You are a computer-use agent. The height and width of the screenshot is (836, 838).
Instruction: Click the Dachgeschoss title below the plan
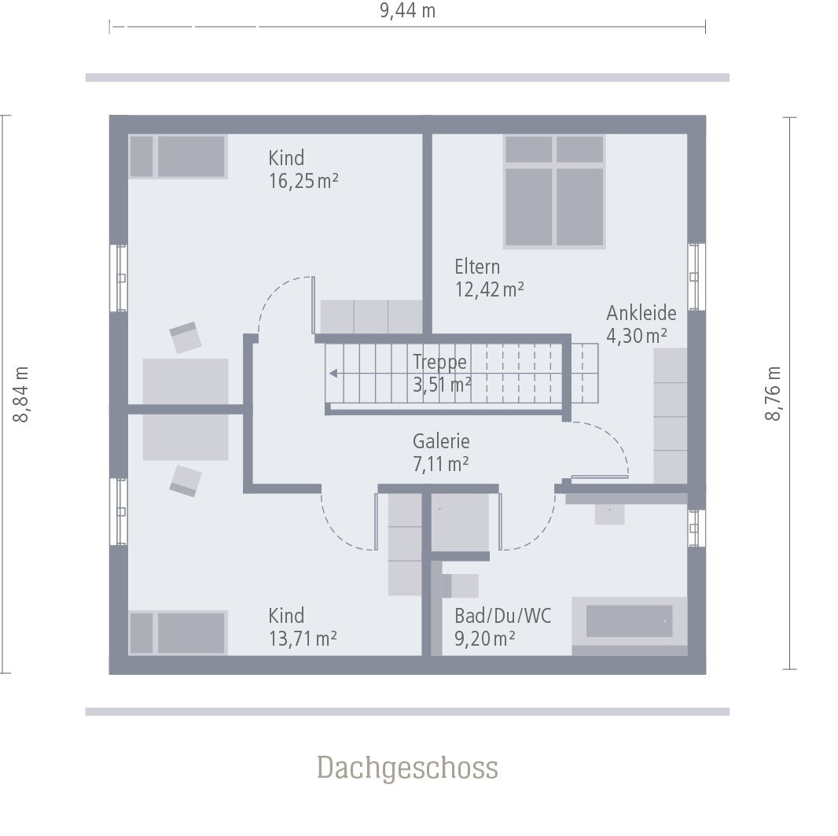click(407, 768)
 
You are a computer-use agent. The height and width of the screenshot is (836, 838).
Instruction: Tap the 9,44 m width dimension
click(407, 11)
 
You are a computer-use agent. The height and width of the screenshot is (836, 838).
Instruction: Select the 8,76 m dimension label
click(774, 393)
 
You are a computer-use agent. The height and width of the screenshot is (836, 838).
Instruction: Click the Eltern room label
click(477, 267)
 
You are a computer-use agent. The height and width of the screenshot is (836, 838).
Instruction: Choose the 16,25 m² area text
click(303, 182)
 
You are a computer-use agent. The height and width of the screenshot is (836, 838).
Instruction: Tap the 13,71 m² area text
click(303, 639)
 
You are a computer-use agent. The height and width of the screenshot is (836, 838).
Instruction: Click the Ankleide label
click(641, 313)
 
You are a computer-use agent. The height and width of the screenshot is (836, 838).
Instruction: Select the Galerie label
click(441, 442)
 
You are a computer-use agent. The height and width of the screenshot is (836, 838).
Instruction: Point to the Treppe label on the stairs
click(440, 363)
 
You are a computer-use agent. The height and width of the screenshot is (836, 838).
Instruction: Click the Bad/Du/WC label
click(503, 616)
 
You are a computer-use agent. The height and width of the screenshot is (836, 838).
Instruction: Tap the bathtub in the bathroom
click(629, 621)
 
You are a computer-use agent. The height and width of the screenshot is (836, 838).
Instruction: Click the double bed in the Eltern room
click(554, 191)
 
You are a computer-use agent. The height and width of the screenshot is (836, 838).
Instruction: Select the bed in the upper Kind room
click(178, 157)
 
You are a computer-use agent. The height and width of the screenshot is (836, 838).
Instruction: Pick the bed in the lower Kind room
click(178, 632)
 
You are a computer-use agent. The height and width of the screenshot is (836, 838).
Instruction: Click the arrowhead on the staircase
click(334, 374)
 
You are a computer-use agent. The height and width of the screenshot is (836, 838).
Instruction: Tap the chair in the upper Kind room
click(186, 337)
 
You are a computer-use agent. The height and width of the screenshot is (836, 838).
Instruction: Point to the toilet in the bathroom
click(460, 586)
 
